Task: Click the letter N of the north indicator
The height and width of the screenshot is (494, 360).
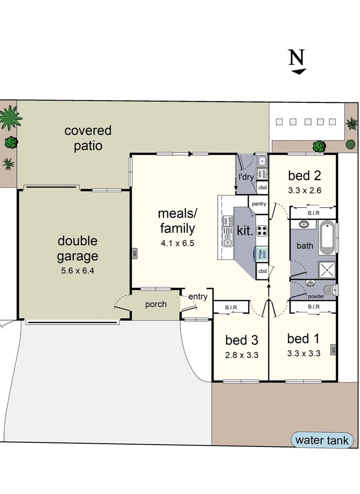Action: tap(296, 58)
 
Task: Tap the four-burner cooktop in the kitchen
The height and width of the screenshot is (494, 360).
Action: tap(262, 231)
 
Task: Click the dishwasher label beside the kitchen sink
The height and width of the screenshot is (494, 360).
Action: tap(226, 220)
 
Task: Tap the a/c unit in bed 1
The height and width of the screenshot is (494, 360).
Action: tap(333, 350)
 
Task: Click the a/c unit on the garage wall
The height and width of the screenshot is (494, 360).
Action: tap(134, 253)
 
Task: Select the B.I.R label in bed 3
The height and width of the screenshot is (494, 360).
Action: tap(231, 308)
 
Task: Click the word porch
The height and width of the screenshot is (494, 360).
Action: tap(156, 304)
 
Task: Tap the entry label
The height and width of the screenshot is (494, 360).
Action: tap(198, 296)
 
